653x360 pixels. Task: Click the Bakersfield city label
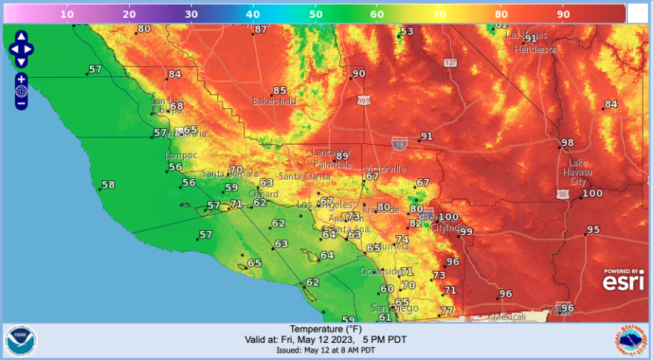pyautogui.click(x=275, y=100)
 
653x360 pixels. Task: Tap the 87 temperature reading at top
pyautogui.click(x=260, y=30)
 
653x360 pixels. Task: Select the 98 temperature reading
pyautogui.click(x=568, y=143)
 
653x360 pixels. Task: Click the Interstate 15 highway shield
pyautogui.click(x=398, y=142)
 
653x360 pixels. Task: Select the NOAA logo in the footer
pyautogui.click(x=20, y=341)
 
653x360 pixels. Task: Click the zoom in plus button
pyautogui.click(x=22, y=79)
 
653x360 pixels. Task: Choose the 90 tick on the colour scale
pyautogui.click(x=563, y=14)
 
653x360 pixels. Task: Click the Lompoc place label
pyautogui.click(x=182, y=155)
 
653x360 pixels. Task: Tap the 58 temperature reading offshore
pyautogui.click(x=108, y=184)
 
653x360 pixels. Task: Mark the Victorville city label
pyautogui.click(x=384, y=168)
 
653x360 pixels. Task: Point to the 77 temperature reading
pyautogui.click(x=447, y=311)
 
